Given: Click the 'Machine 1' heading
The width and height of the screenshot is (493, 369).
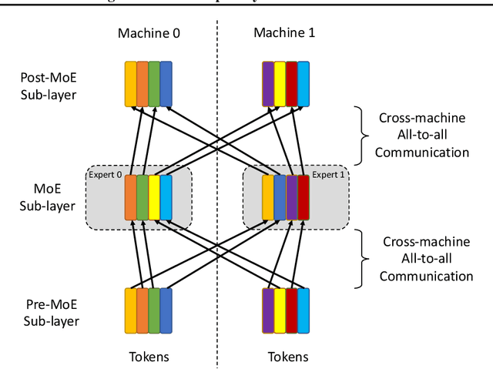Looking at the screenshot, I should (285, 33).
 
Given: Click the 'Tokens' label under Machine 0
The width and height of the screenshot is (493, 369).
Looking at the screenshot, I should (148, 357).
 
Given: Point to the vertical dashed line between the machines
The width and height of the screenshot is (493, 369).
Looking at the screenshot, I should (217, 185).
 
